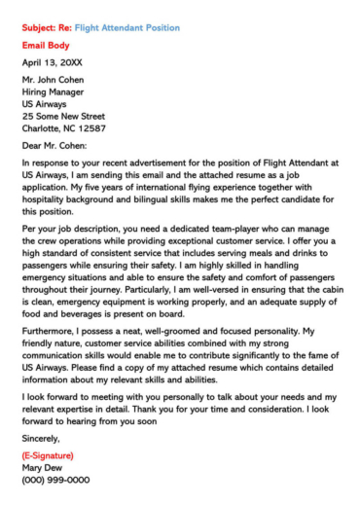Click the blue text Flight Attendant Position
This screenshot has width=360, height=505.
(x=126, y=28)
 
